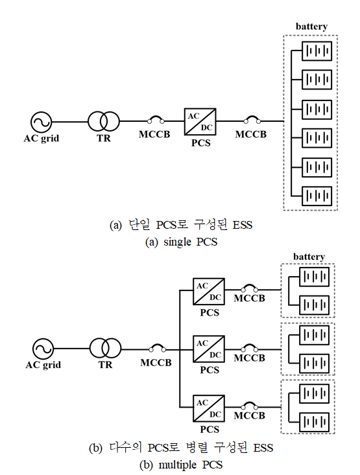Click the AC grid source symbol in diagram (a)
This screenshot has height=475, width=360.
click(42, 122)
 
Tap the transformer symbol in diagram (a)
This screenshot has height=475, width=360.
click(104, 121)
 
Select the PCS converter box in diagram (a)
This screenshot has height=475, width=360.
click(200, 121)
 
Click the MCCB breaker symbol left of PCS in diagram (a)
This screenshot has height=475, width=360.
click(156, 120)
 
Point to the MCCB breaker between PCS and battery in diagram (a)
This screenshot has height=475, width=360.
click(252, 120)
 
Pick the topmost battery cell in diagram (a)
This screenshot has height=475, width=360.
click(317, 51)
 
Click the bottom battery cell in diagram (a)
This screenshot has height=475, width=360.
click(317, 196)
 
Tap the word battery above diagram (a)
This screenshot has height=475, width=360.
click(311, 27)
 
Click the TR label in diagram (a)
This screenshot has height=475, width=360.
click(104, 138)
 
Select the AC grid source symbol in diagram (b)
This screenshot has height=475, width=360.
click(43, 349)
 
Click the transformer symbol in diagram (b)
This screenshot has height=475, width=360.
click(105, 349)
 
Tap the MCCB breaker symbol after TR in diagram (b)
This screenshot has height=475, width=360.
click(158, 349)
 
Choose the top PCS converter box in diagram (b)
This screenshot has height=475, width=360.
click(209, 292)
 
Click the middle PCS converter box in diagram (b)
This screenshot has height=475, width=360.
click(209, 349)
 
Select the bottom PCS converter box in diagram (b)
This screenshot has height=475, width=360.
click(209, 408)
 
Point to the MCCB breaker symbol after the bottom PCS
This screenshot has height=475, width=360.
click(249, 406)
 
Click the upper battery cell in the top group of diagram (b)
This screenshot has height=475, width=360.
click(314, 277)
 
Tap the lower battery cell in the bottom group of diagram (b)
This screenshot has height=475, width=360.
click(314, 422)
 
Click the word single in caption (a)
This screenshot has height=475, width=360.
click(178, 242)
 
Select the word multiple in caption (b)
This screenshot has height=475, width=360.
click(178, 465)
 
